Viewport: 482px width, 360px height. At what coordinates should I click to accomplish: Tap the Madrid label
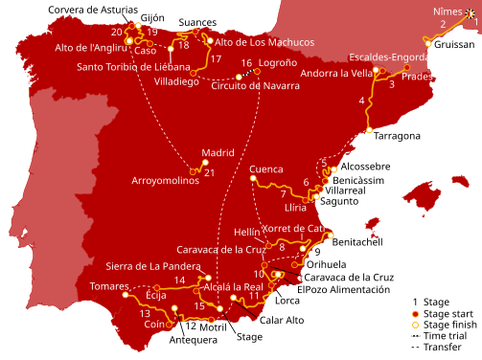click(218, 152)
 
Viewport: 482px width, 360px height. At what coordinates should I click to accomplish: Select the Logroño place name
click(278, 63)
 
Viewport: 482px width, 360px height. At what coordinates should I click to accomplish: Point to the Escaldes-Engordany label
click(395, 57)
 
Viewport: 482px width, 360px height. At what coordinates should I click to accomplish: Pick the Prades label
click(418, 77)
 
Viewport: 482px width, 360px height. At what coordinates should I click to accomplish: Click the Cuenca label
click(265, 169)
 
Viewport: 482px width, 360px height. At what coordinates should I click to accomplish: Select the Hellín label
click(247, 232)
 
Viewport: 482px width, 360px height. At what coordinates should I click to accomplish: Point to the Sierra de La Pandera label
click(152, 266)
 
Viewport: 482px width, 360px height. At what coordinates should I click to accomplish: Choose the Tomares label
click(108, 286)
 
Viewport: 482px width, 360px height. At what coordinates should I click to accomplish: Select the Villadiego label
click(175, 81)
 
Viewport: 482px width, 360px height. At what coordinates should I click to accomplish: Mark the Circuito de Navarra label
click(255, 85)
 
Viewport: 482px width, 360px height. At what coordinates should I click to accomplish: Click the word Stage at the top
click(214, 14)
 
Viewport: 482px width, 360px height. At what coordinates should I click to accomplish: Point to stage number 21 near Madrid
click(209, 173)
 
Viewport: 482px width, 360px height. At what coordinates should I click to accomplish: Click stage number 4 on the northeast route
click(361, 101)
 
